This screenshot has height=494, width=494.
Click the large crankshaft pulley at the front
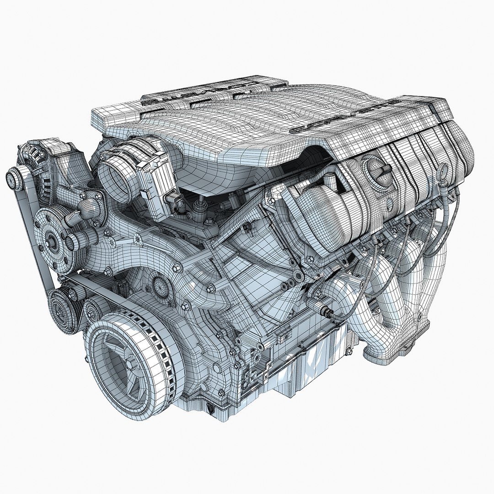click(x=133, y=361)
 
